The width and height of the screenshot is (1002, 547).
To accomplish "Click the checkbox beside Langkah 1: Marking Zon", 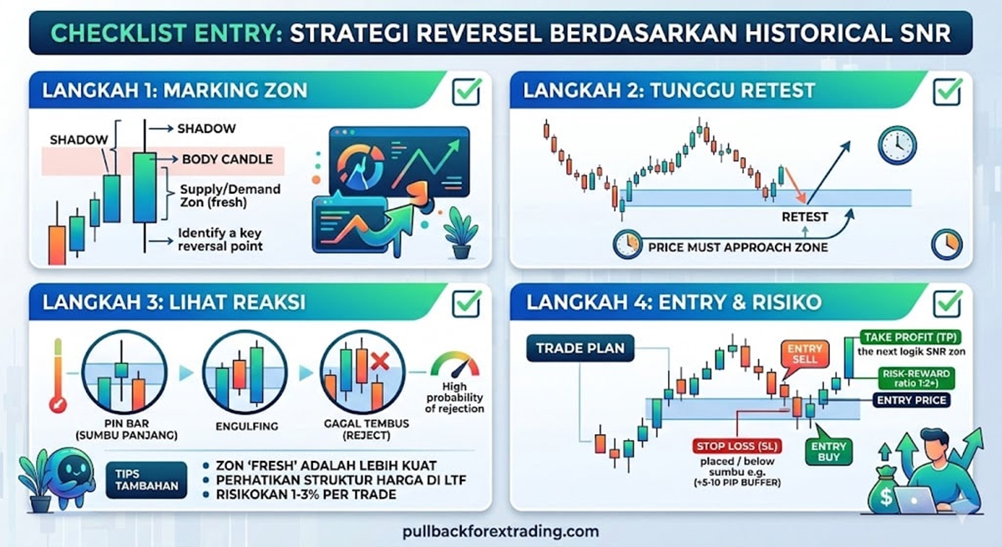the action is click(466, 92).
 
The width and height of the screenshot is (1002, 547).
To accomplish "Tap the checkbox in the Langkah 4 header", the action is click(947, 304).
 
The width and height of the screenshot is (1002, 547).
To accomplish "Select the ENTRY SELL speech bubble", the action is click(804, 355).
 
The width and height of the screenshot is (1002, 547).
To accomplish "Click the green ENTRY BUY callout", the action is click(828, 449).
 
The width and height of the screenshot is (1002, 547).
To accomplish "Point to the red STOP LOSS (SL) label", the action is click(737, 446).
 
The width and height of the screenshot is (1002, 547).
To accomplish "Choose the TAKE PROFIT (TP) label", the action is click(910, 337).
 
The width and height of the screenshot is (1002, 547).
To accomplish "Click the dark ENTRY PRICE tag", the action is click(911, 400).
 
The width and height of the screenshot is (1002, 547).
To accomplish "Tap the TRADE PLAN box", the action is click(580, 348).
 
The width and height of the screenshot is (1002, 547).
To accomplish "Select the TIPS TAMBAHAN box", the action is click(146, 480).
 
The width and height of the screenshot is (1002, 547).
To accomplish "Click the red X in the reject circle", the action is click(380, 362).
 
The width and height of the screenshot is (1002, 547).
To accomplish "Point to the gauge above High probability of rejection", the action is click(454, 364).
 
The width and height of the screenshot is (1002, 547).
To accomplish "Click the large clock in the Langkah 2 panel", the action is click(897, 145).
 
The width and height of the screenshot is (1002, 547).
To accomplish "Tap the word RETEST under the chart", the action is click(804, 217).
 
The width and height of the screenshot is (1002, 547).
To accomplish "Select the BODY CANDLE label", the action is click(227, 160).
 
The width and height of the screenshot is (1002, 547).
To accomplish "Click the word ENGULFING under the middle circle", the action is click(246, 427).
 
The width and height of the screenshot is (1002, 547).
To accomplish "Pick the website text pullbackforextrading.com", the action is click(500, 531).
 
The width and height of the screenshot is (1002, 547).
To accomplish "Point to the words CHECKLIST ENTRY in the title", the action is click(166, 33).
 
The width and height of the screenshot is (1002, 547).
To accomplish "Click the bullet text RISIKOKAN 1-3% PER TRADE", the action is click(306, 494).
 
